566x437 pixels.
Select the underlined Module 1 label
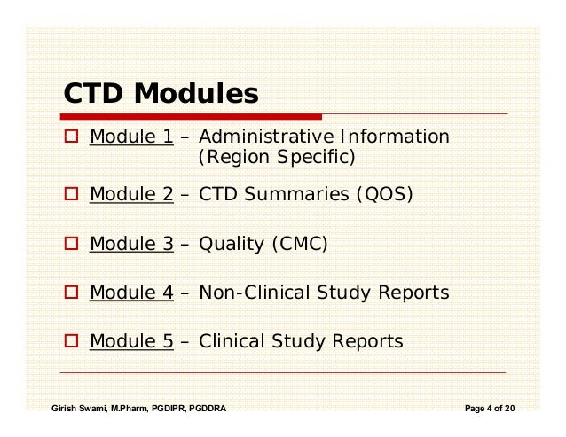(131, 138)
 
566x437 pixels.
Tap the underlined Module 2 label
(131, 194)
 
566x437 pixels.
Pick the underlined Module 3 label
(131, 243)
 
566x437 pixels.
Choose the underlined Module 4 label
(131, 292)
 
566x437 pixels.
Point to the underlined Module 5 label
(131, 340)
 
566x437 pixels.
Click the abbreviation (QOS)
(383, 194)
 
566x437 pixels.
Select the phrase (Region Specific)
(275, 160)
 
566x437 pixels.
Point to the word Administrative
(257, 138)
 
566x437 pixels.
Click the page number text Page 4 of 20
(490, 409)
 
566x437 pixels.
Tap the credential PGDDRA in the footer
(202, 409)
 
